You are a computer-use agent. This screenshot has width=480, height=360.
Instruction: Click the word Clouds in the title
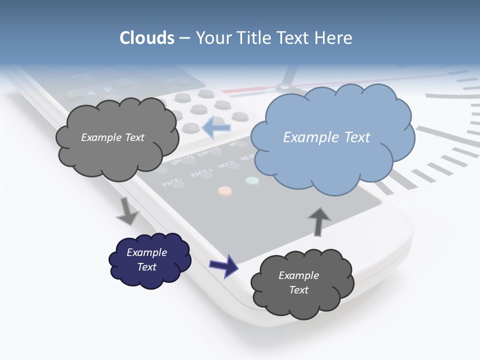(x=147, y=38)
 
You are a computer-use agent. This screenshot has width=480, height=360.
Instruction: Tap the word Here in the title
(x=335, y=38)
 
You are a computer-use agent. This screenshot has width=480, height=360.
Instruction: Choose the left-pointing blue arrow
(x=216, y=127)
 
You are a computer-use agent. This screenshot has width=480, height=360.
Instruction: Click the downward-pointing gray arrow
(x=127, y=211)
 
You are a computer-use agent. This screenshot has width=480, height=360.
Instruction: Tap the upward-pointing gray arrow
(x=318, y=220)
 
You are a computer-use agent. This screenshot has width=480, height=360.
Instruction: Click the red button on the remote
(x=225, y=191)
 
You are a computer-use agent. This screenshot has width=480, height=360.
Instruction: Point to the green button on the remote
(x=252, y=180)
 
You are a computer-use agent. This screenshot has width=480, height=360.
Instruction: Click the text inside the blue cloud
(x=326, y=137)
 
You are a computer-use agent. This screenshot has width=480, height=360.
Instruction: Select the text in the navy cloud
(x=147, y=259)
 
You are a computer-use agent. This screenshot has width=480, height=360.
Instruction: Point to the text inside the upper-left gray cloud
(x=112, y=137)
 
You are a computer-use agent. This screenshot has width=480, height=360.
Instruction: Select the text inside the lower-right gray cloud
(x=298, y=282)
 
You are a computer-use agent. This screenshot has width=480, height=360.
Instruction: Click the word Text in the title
(x=295, y=38)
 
